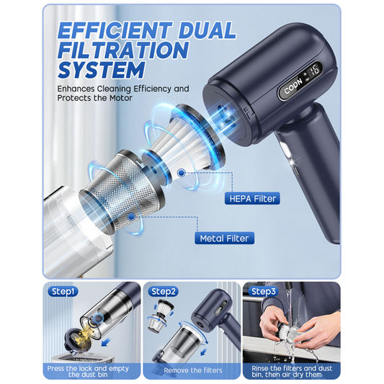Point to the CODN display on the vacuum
click(x=294, y=93)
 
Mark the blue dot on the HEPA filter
click(x=179, y=172)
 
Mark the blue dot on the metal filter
click(x=130, y=215)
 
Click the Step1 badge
click(x=63, y=292)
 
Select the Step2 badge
click(x=163, y=292)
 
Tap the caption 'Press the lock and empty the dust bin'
click(x=91, y=370)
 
